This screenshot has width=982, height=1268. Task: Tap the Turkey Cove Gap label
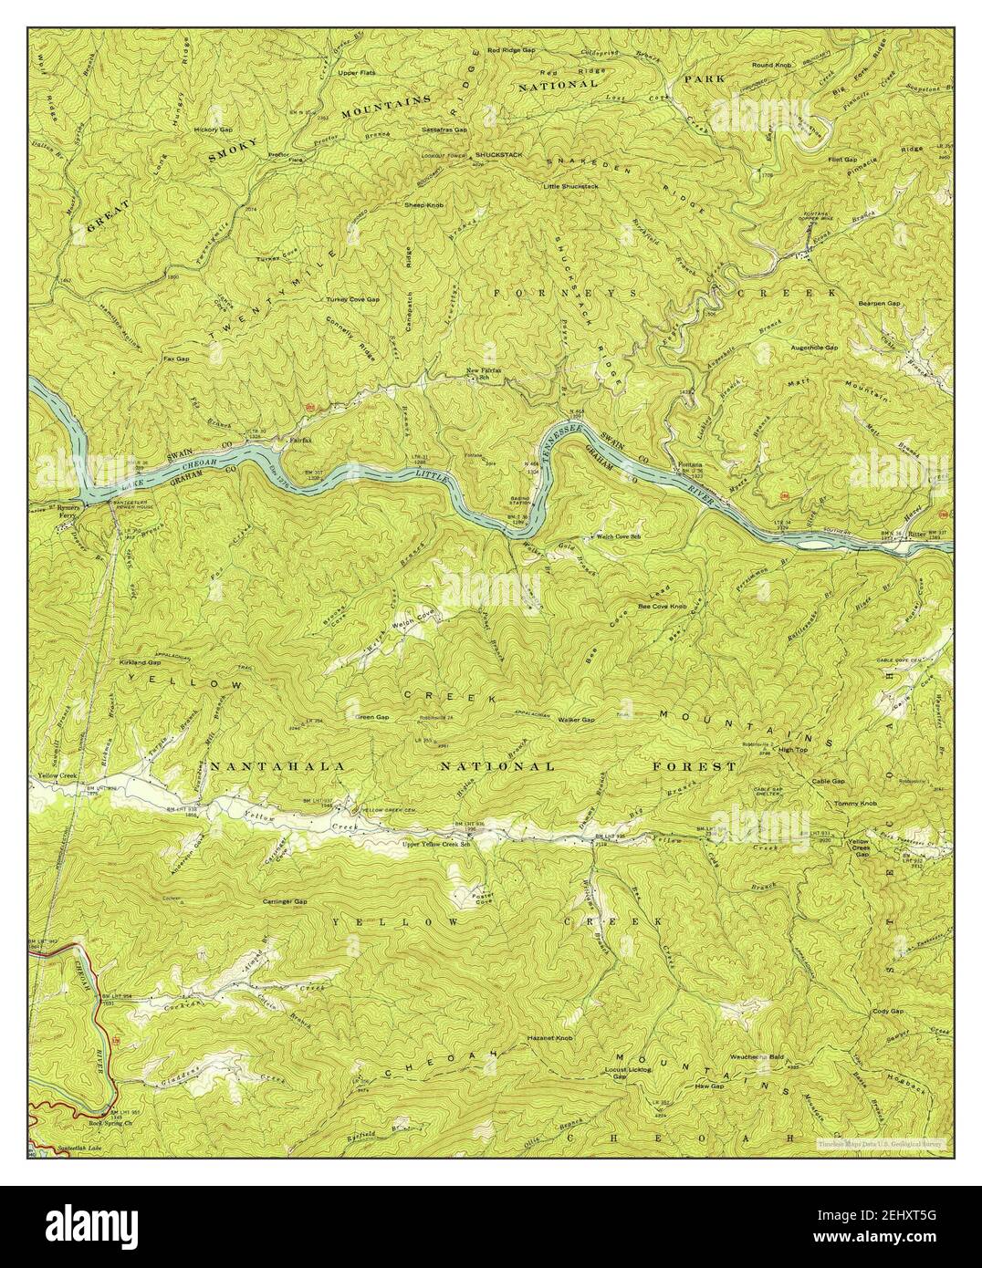click(352, 299)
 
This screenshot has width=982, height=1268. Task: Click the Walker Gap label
click(576, 720)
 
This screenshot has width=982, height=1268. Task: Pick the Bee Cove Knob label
click(662, 606)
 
